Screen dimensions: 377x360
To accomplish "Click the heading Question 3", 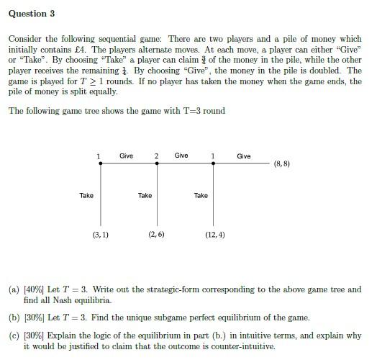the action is click(x=32, y=14).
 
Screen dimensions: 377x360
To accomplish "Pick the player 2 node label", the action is click(x=156, y=156).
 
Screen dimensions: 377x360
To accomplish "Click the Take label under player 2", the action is click(x=145, y=195).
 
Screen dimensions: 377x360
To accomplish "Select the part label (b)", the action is click(x=13, y=318).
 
